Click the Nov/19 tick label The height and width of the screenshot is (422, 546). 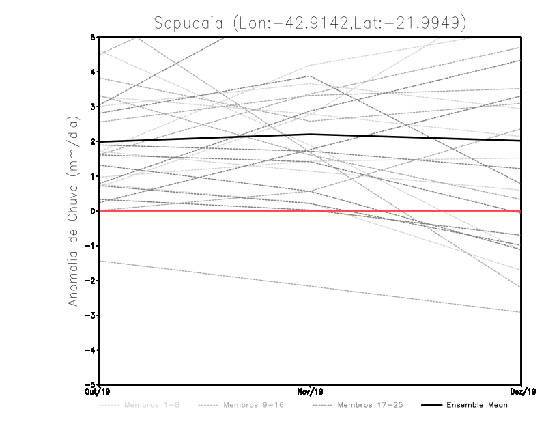point(311,391)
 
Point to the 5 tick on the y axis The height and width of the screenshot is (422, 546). point(92,38)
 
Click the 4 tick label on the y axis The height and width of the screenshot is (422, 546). point(92,72)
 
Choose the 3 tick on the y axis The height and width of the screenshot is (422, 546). point(92,107)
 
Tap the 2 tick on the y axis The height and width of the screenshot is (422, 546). point(92,141)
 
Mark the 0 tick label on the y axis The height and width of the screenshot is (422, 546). point(92,211)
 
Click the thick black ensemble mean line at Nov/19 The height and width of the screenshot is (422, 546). point(311,135)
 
